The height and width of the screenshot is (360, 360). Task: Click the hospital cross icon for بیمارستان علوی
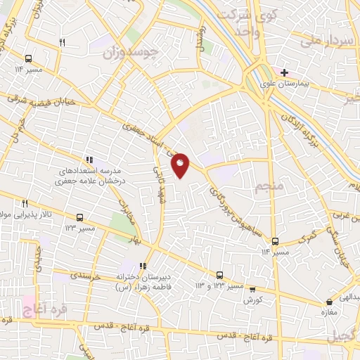pos(284,72)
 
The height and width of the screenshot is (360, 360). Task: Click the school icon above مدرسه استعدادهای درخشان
pos(89,161)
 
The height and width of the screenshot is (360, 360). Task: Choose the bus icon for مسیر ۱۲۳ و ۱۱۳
pos(219,275)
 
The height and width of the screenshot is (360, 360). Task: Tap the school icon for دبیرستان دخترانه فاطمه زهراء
pos(143,266)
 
